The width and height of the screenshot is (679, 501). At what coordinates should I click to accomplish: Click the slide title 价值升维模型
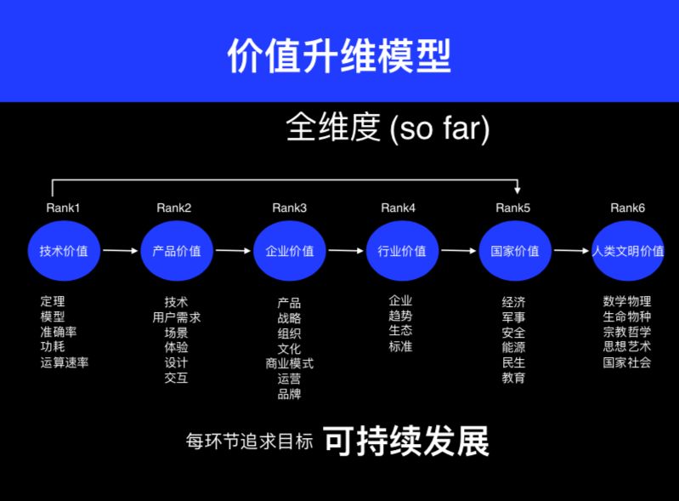339,55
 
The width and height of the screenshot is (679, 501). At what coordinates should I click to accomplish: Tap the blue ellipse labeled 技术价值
64,251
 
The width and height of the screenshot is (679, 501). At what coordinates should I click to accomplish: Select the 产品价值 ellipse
177,251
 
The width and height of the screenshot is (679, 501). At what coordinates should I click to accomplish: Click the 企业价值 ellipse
290,251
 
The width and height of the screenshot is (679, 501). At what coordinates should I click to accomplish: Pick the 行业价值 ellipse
402,251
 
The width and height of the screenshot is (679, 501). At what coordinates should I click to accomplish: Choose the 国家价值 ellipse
515,251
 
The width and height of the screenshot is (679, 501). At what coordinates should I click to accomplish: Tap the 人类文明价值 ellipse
628,251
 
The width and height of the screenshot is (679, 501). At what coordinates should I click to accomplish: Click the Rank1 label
64,208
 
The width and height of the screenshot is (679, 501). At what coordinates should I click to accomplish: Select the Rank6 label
628,208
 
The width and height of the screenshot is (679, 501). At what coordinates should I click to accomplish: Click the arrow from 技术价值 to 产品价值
120,251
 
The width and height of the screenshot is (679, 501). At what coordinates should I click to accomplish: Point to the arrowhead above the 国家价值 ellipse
518,191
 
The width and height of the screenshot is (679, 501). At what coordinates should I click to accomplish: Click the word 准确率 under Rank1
59,332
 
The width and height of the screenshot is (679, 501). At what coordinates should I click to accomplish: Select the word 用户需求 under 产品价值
177,317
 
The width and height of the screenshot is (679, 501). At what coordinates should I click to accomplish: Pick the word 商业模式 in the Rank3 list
290,363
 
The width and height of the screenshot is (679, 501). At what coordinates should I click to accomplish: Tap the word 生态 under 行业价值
400,331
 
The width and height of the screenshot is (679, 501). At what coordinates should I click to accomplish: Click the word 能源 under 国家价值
513,347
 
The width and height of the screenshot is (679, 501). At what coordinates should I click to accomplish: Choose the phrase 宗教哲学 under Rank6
627,332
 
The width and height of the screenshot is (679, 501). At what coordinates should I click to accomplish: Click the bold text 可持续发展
406,441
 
